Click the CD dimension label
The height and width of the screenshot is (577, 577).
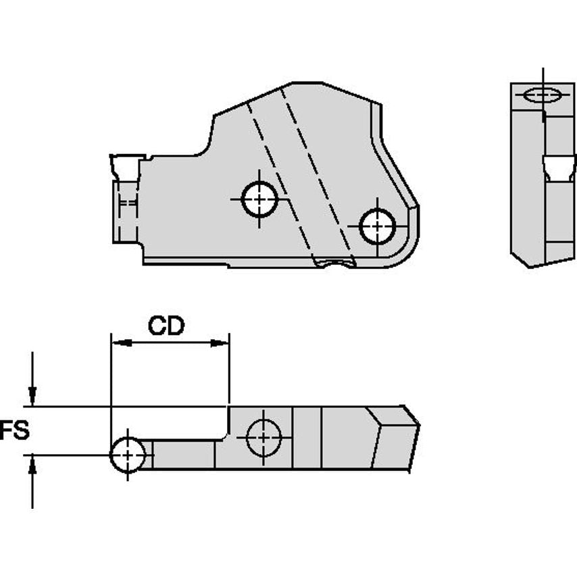pyautogui.click(x=166, y=326)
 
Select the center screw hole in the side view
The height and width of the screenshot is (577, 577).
pyautogui.click(x=259, y=199)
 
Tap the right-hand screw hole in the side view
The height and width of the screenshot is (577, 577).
pyautogui.click(x=377, y=226)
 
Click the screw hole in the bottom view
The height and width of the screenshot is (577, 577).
pyautogui.click(x=264, y=437)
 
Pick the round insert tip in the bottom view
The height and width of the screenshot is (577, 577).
pyautogui.click(x=128, y=455)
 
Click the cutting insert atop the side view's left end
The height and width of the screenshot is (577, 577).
pyautogui.click(x=126, y=167)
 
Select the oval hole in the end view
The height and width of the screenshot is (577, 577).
pyautogui.click(x=543, y=95)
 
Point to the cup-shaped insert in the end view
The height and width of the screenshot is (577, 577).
pyautogui.click(x=559, y=168)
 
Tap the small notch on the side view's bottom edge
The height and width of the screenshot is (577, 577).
pyautogui.click(x=334, y=263)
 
